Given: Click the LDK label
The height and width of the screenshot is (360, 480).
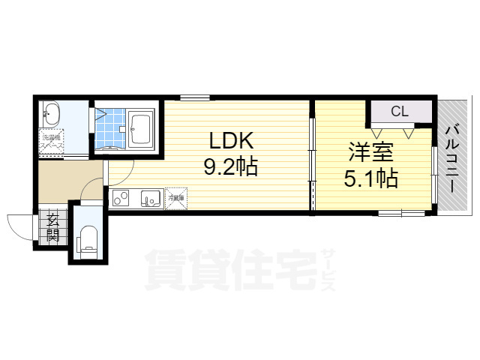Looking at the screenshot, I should [231, 140].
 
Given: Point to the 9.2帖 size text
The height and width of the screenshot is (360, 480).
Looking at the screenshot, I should [231, 166].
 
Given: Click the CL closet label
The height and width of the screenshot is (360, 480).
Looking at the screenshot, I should [399, 112].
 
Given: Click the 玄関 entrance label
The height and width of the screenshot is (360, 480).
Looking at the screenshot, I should [53, 226].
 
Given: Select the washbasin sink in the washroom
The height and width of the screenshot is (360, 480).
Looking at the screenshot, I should [51, 115].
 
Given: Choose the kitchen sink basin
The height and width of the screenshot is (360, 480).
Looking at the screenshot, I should [150, 199].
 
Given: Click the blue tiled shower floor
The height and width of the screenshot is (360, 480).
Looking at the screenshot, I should [110, 127].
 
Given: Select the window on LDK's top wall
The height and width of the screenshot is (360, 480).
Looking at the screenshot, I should [194, 97].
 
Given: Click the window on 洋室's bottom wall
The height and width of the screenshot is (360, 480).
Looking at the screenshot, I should [400, 214].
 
